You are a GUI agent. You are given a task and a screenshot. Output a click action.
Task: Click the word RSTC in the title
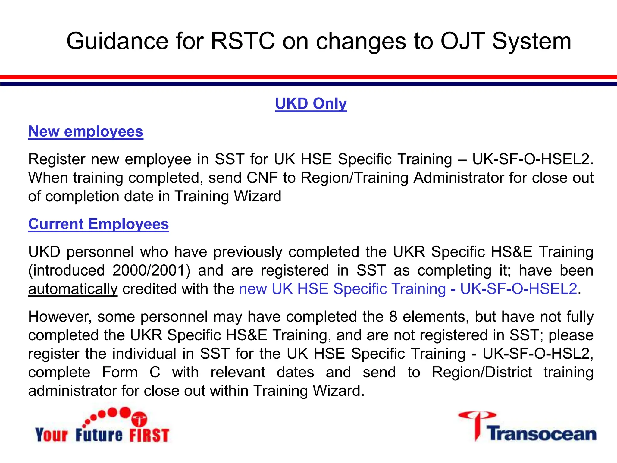[243, 41]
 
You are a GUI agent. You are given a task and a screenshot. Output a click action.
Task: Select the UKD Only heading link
[311, 104]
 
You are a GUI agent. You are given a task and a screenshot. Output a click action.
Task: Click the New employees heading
[86, 131]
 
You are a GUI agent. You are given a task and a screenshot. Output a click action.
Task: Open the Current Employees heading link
[99, 224]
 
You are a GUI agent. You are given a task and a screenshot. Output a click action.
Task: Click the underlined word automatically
[73, 289]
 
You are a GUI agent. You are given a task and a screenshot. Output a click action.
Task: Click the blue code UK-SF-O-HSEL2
[518, 289]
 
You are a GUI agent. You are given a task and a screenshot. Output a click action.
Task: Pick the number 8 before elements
[393, 317]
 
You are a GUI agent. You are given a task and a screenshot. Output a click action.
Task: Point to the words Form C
[131, 372]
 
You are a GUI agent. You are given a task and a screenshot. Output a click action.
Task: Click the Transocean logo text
[542, 434]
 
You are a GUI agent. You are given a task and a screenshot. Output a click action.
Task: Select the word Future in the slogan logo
[99, 435]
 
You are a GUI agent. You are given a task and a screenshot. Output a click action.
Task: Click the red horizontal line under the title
[308, 77]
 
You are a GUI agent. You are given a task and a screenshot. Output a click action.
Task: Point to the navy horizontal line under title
[308, 83]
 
